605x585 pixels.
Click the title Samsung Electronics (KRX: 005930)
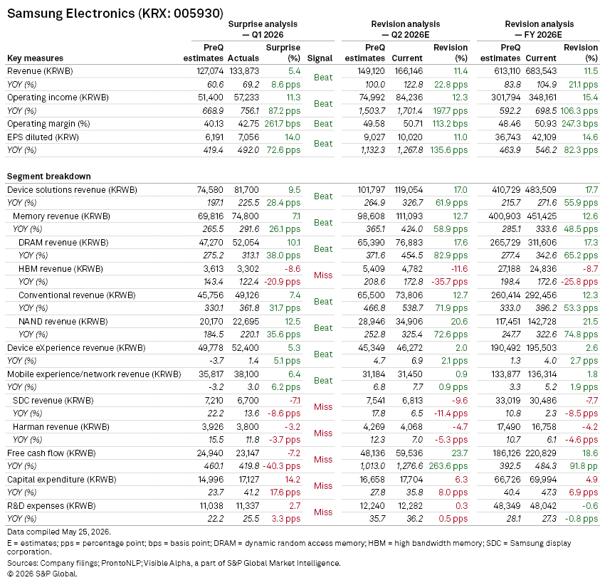pos(115,14)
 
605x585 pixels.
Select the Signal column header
pos(320,58)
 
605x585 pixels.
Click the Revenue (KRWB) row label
pos(40,71)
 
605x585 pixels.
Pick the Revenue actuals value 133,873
pos(244,71)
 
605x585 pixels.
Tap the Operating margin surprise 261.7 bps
pos(282,124)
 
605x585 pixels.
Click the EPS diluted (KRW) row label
pos(43,137)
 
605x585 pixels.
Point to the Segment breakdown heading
pos(49,176)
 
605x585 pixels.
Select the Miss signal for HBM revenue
pos(323,275)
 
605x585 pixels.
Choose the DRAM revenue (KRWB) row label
pos(63,243)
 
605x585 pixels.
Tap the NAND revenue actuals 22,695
pos(246,322)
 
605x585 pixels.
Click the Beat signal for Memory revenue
pos(323,223)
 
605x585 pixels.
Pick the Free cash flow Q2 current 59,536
pos(409,453)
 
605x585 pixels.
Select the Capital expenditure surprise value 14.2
pos(293,480)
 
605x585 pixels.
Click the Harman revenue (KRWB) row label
pos(61,427)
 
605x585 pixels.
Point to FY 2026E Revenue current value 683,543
pos(541,71)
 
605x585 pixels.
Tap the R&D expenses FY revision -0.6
pos(590,506)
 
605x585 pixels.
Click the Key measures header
pos(35,58)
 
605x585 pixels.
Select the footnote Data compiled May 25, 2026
pos(59,532)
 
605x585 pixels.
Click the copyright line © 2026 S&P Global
pos(42,574)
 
